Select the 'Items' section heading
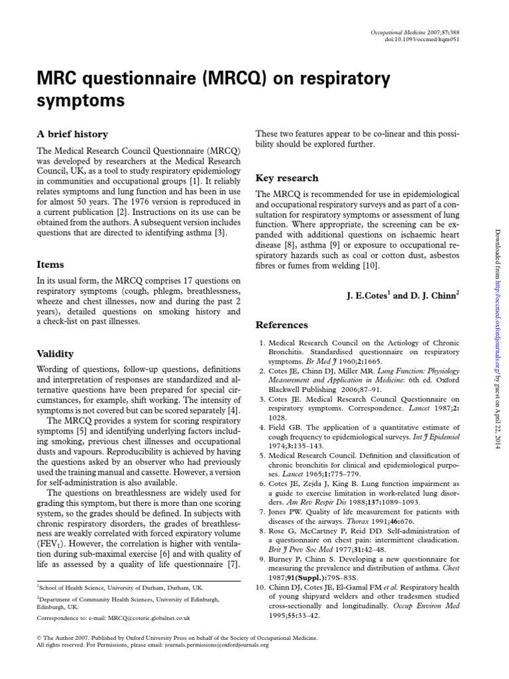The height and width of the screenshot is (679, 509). tap(50, 264)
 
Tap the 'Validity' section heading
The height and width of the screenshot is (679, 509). tap(55, 353)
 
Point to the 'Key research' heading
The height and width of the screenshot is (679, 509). tap(287, 178)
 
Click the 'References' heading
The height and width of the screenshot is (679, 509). tap(282, 325)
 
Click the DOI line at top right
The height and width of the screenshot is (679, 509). tap(425, 39)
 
